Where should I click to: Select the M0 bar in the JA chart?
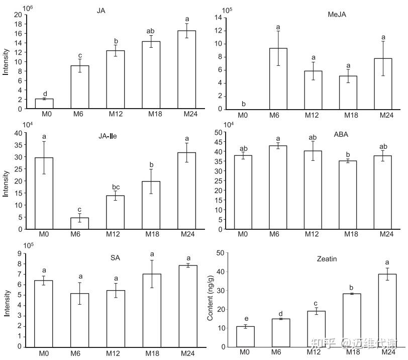pyautogui.click(x=44, y=103)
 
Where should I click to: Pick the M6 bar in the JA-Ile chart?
pyautogui.click(x=79, y=223)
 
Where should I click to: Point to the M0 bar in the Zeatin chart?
pyautogui.click(x=245, y=336)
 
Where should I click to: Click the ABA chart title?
pyautogui.click(x=340, y=135)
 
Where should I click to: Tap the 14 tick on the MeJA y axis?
pyautogui.click(x=219, y=18)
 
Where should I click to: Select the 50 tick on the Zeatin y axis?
pyautogui.click(x=219, y=253)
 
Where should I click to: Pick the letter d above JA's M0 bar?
pyautogui.click(x=45, y=93)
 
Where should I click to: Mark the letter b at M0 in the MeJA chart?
pyautogui.click(x=243, y=104)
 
